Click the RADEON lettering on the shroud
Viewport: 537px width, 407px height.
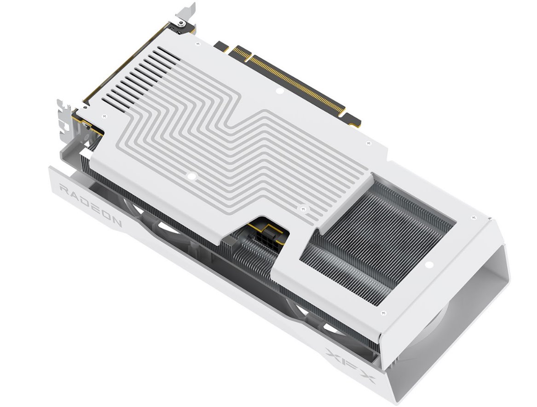tap(90, 204)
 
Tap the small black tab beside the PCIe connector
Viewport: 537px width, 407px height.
tap(222, 47)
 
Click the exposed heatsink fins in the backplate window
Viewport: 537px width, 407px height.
tap(377, 239)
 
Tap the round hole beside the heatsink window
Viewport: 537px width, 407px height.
tap(429, 265)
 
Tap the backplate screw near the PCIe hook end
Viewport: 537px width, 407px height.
tap(368, 144)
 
